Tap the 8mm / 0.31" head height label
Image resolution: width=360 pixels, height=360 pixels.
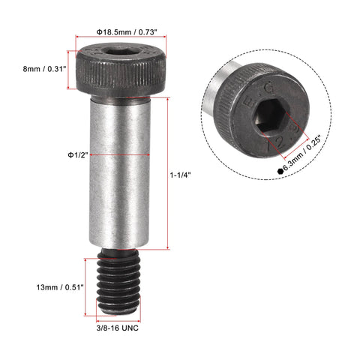click(42, 69)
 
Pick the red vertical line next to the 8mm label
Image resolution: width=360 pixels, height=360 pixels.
click(73, 69)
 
